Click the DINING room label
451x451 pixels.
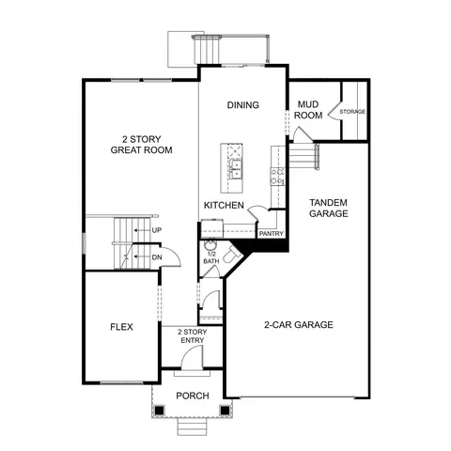click(x=243, y=105)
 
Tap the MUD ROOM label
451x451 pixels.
click(x=308, y=110)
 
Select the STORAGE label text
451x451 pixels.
click(x=352, y=112)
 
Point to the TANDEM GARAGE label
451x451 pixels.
click(x=329, y=208)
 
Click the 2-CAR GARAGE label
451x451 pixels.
click(x=299, y=324)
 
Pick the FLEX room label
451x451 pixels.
click(x=121, y=327)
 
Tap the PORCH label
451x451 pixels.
click(x=193, y=396)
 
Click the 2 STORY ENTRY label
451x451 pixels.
click(x=193, y=336)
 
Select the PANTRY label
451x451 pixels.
click(x=272, y=234)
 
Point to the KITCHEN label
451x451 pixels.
click(x=224, y=205)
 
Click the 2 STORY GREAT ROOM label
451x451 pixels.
click(x=142, y=145)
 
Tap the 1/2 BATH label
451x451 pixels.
click(x=211, y=257)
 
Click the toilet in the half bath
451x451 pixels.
click(x=232, y=255)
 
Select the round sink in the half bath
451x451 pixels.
click(x=209, y=244)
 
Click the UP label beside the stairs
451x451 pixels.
click(x=157, y=230)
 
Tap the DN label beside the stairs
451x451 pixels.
click(x=157, y=257)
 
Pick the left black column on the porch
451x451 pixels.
click(x=160, y=410)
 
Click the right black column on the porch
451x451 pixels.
click(x=225, y=410)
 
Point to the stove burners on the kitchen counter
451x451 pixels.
click(x=277, y=177)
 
